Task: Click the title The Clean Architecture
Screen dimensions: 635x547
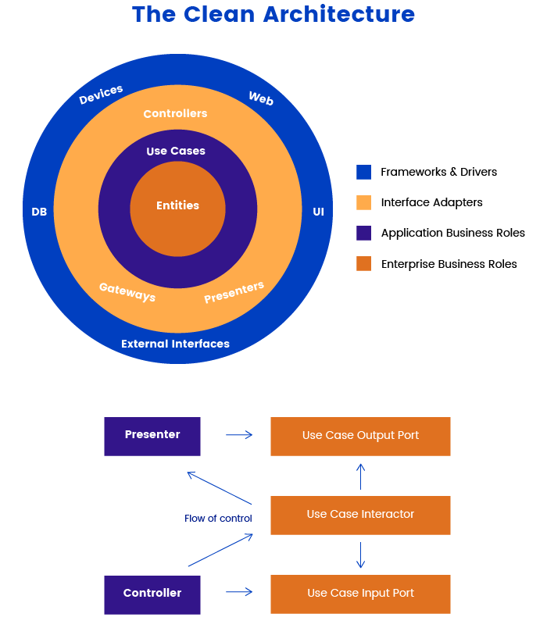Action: click(273, 14)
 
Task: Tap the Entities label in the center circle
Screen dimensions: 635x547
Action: click(177, 205)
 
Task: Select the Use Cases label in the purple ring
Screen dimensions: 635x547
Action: click(176, 151)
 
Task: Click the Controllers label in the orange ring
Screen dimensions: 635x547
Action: click(175, 113)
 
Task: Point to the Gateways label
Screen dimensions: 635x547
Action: click(127, 292)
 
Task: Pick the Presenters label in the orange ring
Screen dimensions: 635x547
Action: click(234, 292)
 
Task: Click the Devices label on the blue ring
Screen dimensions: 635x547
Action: click(102, 95)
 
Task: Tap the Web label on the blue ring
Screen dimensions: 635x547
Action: click(261, 98)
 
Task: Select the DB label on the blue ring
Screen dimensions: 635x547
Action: click(39, 212)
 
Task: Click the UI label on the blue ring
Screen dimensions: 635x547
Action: click(318, 212)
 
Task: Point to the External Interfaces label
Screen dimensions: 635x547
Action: click(175, 344)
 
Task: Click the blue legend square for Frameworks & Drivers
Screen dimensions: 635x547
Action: click(363, 172)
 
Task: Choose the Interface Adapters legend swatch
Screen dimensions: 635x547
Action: click(363, 202)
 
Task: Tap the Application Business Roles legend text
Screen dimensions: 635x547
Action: click(452, 233)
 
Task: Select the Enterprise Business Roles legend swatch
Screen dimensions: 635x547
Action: click(363, 263)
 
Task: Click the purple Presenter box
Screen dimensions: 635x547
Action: click(152, 436)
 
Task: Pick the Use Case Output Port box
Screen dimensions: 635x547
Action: click(360, 436)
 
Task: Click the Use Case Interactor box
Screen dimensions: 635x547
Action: click(360, 515)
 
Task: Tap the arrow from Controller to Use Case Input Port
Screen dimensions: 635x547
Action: click(239, 592)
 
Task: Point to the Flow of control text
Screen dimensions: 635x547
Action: click(218, 519)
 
